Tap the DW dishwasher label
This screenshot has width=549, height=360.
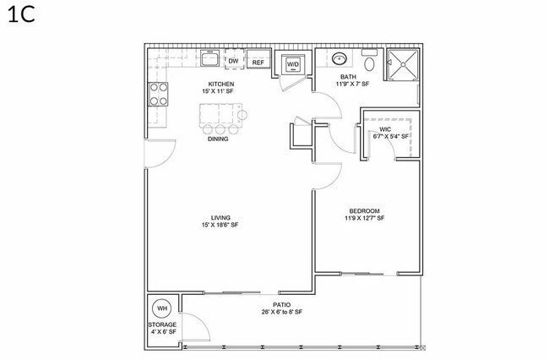click(x=232, y=61)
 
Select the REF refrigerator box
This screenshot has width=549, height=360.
click(x=258, y=62)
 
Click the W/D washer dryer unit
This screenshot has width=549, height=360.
click(x=292, y=64)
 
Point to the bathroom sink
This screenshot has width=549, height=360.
click(x=339, y=60)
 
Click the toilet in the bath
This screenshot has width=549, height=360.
click(x=369, y=63)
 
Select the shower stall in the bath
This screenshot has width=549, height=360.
click(x=402, y=65)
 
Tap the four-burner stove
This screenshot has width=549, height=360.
click(x=157, y=94)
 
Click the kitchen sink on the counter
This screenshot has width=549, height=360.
click(x=209, y=59)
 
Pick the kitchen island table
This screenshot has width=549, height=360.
click(x=220, y=113)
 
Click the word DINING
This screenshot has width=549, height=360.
click(x=218, y=139)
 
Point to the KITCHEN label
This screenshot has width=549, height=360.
click(x=220, y=85)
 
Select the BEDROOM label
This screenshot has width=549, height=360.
click(x=363, y=210)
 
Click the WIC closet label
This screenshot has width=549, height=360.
click(x=385, y=129)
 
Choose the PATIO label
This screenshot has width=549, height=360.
click(x=281, y=305)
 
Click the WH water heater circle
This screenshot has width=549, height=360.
click(x=162, y=308)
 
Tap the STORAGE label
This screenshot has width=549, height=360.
click(x=162, y=325)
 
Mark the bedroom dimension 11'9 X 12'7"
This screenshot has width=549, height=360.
click(x=364, y=218)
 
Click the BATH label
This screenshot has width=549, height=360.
click(x=348, y=77)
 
